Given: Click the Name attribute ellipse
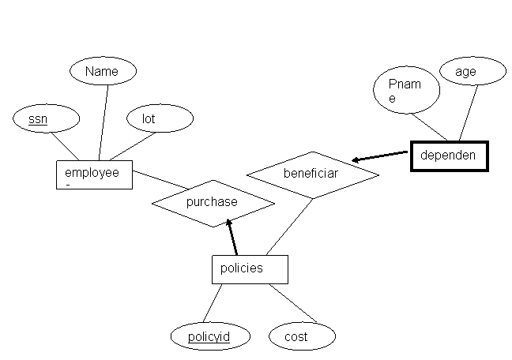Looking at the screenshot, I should pos(103,72).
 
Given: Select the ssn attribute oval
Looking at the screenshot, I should pos(47,119).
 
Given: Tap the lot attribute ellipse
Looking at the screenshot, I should pos(160,119).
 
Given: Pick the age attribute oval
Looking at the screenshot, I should pos(472,72).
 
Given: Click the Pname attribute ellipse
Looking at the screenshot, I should pos(406,92).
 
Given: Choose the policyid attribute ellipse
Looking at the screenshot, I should pos(209,337).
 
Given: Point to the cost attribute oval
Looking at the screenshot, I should pos(303,337).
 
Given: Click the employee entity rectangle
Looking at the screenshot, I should pos(94,174).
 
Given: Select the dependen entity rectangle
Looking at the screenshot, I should pos(449,156).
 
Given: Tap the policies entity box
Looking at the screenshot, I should pos(250,268).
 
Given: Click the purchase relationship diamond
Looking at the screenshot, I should pos(213,203).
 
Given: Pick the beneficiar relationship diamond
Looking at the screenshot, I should pos(313,174).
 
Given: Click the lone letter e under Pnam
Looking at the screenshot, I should pos(392,99).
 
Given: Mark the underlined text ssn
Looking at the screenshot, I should pos(38,119).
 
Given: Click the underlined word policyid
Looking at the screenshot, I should pos(209,337).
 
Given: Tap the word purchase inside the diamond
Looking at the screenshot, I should pos(212,202).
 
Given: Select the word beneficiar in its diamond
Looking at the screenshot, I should pos(311,173).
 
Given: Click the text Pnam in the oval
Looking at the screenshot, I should pos(405,84).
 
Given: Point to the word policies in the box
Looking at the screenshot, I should pos(241,268).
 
